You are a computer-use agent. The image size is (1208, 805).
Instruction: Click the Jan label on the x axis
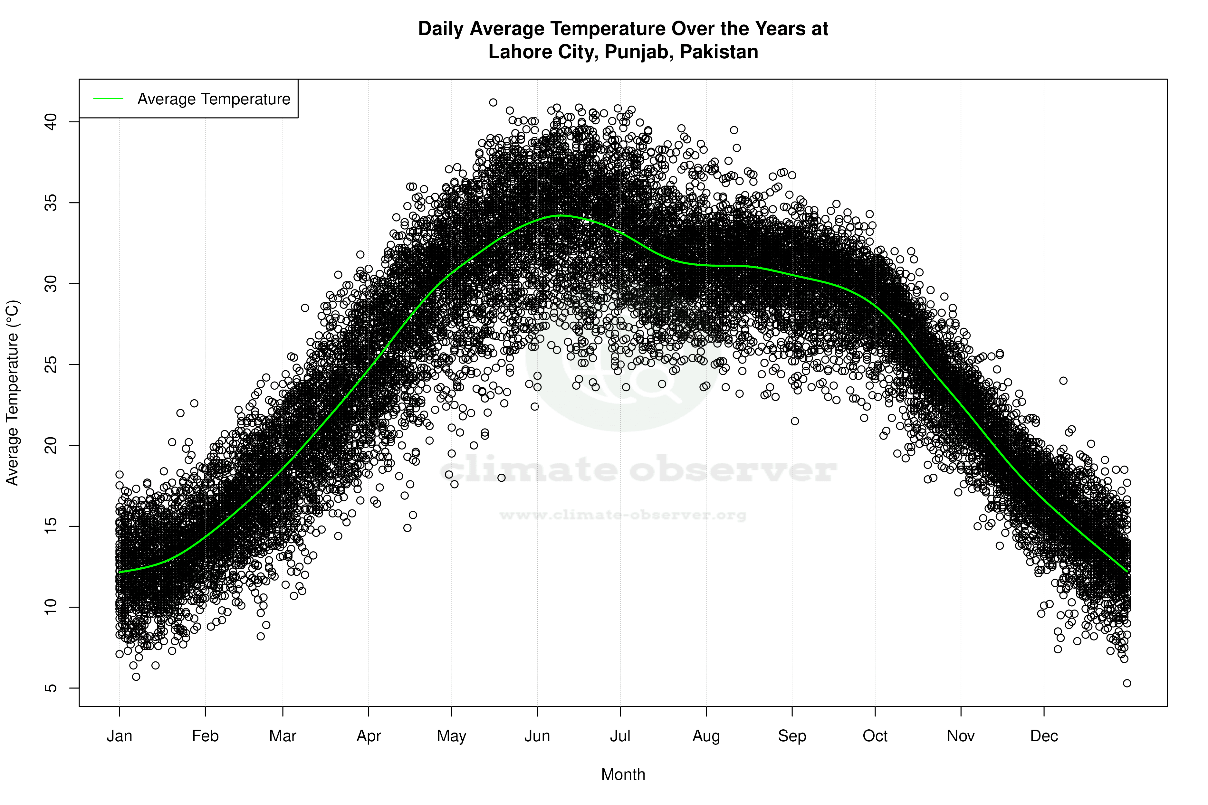pyautogui.click(x=119, y=736)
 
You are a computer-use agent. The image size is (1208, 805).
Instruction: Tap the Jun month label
pyautogui.click(x=537, y=736)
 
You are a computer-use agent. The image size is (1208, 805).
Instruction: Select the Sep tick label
pyautogui.click(x=792, y=736)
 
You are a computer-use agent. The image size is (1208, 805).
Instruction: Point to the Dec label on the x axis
pyautogui.click(x=1044, y=736)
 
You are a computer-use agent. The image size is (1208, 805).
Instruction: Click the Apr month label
pyautogui.click(x=369, y=736)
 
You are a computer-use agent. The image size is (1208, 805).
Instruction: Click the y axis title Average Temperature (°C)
pyautogui.click(x=12, y=393)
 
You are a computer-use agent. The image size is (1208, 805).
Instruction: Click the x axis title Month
pyautogui.click(x=623, y=775)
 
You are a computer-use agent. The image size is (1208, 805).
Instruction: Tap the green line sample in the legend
pyautogui.click(x=108, y=99)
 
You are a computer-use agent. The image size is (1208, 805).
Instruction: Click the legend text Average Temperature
pyautogui.click(x=214, y=99)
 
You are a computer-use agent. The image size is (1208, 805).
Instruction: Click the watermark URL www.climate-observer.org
pyautogui.click(x=623, y=515)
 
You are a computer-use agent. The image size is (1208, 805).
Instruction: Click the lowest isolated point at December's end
pyautogui.click(x=1127, y=683)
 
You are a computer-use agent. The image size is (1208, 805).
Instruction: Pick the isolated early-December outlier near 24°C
pyautogui.click(x=1063, y=381)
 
